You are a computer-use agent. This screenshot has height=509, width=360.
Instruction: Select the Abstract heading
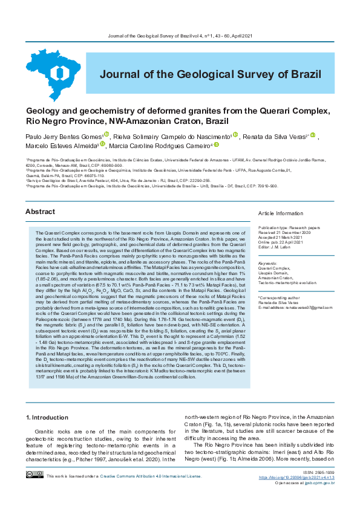click(40, 212)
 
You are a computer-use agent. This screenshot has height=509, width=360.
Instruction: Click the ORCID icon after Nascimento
click(235, 135)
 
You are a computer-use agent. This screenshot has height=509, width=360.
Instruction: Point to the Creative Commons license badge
click(34, 492)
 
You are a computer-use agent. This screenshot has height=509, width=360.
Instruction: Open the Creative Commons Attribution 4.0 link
click(151, 493)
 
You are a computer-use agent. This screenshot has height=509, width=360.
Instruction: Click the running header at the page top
click(180, 36)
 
